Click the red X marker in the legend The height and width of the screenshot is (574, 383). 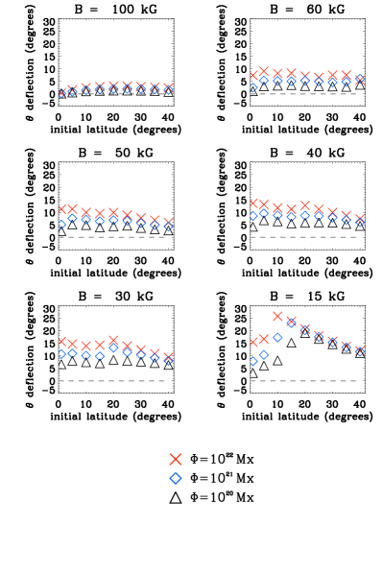pyautogui.click(x=176, y=459)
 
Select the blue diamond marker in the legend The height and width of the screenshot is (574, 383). pyautogui.click(x=176, y=478)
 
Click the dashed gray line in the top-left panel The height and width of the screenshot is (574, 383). pyautogui.click(x=112, y=93)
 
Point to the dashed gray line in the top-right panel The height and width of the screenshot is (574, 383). pyautogui.click(x=303, y=94)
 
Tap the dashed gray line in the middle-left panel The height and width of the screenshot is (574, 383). pyautogui.click(x=112, y=237)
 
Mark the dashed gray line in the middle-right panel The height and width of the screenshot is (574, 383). pyautogui.click(x=303, y=237)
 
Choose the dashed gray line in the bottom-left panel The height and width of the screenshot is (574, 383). pyautogui.click(x=112, y=381)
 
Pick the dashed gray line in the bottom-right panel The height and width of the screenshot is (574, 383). pyautogui.click(x=303, y=381)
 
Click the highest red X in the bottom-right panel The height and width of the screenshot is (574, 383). pyautogui.click(x=277, y=316)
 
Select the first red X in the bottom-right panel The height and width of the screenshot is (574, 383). pyautogui.click(x=254, y=342)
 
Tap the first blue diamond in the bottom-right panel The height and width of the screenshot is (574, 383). pyautogui.click(x=253, y=362)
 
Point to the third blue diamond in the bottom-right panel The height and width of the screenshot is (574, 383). pyautogui.click(x=277, y=337)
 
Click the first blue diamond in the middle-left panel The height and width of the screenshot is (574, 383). pyautogui.click(x=62, y=225)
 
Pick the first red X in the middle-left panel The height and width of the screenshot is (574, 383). pyautogui.click(x=62, y=209)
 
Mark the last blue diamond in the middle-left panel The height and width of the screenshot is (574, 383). pyautogui.click(x=168, y=227)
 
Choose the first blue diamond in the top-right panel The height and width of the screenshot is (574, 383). pyautogui.click(x=253, y=86)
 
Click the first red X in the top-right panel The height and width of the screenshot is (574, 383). pyautogui.click(x=254, y=75)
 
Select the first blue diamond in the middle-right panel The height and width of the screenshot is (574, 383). pyautogui.click(x=253, y=216)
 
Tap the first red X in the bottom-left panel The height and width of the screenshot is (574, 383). pyautogui.click(x=62, y=341)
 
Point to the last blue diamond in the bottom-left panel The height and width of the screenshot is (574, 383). pyautogui.click(x=168, y=361)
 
